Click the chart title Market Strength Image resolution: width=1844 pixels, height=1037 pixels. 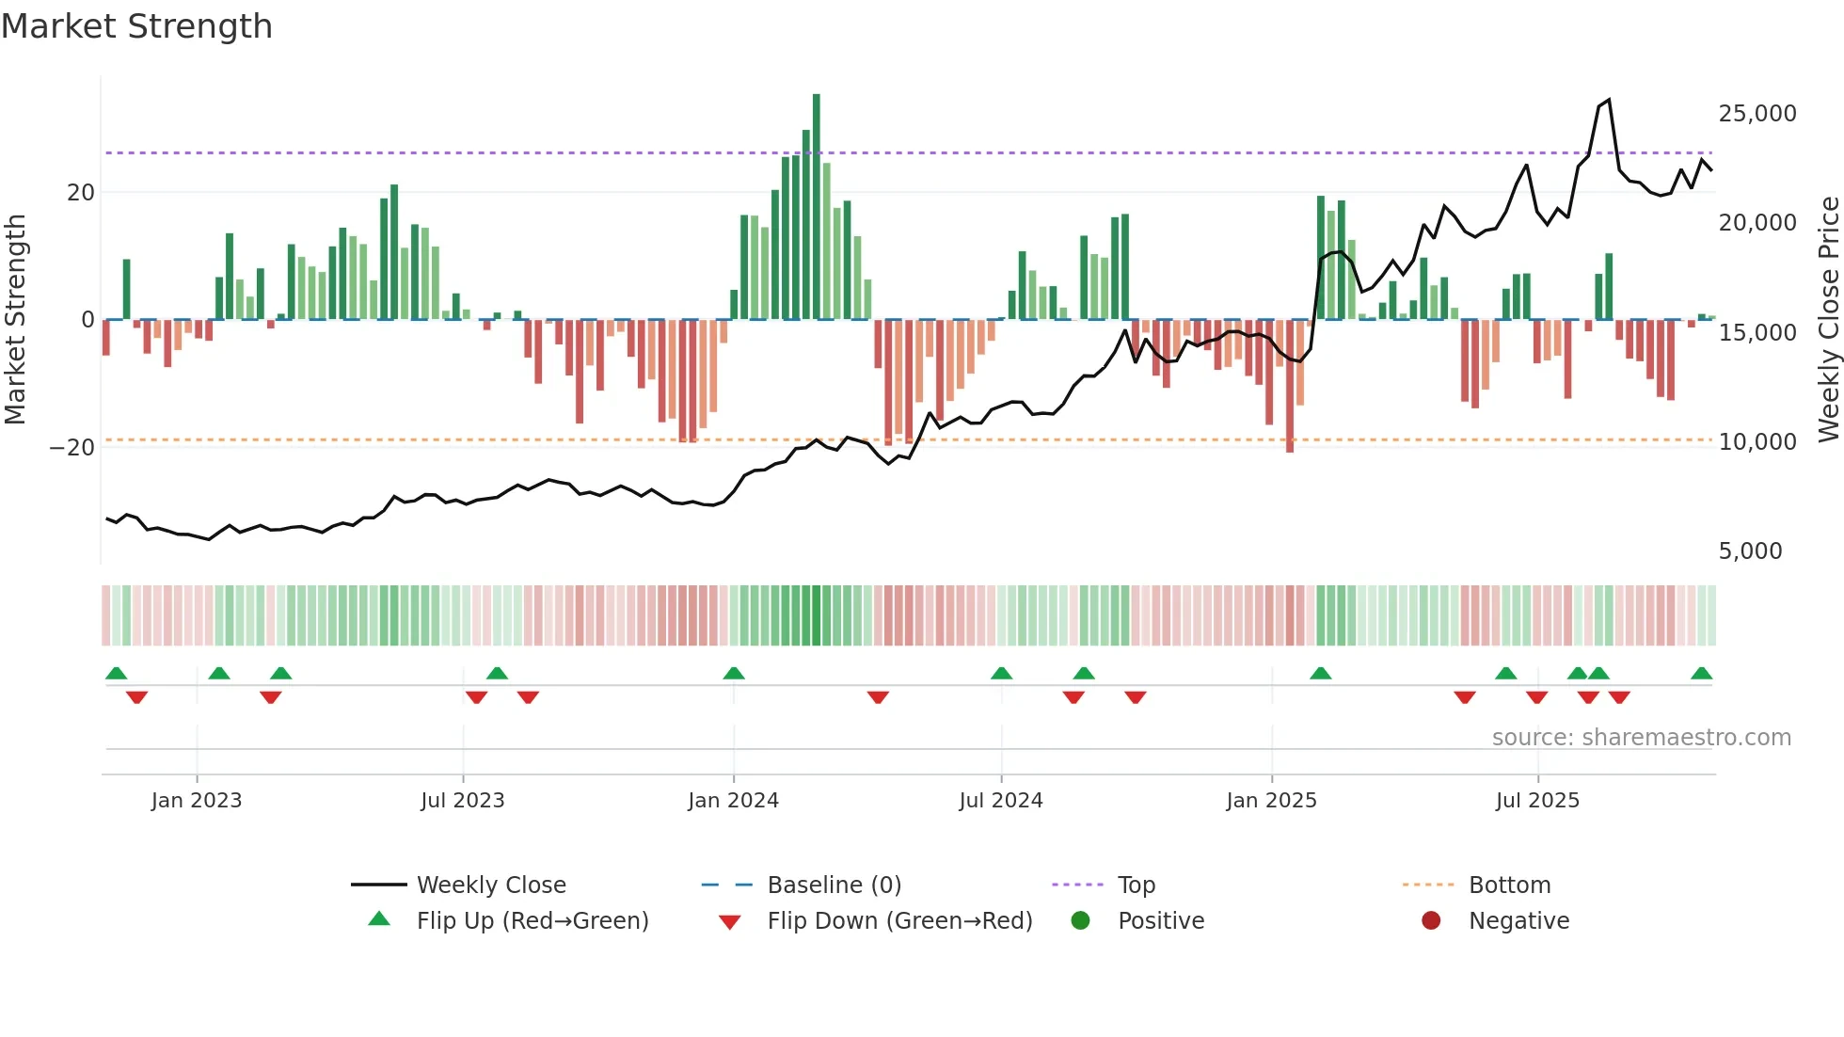click(x=136, y=26)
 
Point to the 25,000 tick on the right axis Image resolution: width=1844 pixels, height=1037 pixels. click(x=1757, y=114)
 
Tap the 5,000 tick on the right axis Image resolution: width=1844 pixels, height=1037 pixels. click(x=1750, y=551)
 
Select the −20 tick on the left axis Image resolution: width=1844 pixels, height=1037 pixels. click(x=72, y=447)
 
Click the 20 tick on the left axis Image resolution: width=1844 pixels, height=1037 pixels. click(x=81, y=193)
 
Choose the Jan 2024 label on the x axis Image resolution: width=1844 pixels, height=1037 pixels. click(x=733, y=801)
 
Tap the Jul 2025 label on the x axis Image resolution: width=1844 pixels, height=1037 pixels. click(x=1537, y=801)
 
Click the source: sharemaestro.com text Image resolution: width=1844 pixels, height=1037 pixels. click(x=1641, y=738)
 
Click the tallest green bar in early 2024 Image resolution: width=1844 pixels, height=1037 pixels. click(x=817, y=207)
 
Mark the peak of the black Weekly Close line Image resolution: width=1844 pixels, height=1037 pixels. click(x=1609, y=100)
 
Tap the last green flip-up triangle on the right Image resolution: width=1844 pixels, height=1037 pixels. click(x=1701, y=674)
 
